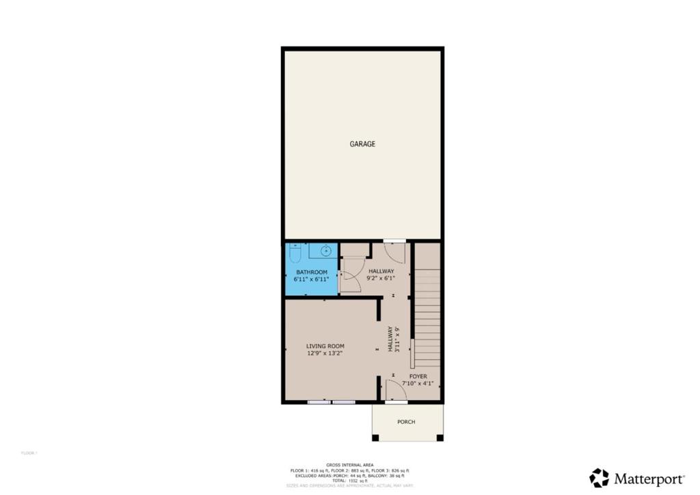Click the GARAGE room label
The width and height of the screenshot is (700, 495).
pyautogui.click(x=362, y=144)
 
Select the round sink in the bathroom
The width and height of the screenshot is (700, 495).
pyautogui.click(x=326, y=251)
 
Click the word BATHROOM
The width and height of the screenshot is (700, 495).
pyautogui.click(x=312, y=272)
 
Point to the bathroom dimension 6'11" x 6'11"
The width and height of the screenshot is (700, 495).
pyautogui.click(x=312, y=279)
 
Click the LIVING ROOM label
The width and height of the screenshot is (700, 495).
pyautogui.click(x=325, y=346)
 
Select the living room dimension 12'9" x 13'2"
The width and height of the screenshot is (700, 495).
pyautogui.click(x=325, y=353)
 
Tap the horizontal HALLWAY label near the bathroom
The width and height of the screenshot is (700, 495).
pyautogui.click(x=381, y=271)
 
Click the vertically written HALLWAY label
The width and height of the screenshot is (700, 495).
pyautogui.click(x=390, y=338)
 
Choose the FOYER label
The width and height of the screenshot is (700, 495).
pyautogui.click(x=418, y=376)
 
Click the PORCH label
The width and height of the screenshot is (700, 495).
pyautogui.click(x=406, y=422)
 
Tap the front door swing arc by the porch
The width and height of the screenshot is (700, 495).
pyautogui.click(x=396, y=390)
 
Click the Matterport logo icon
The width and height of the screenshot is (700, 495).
pyautogui.click(x=599, y=477)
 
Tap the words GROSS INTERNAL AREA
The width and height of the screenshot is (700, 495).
pyautogui.click(x=349, y=464)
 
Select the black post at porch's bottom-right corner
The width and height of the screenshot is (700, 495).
pyautogui.click(x=440, y=438)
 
